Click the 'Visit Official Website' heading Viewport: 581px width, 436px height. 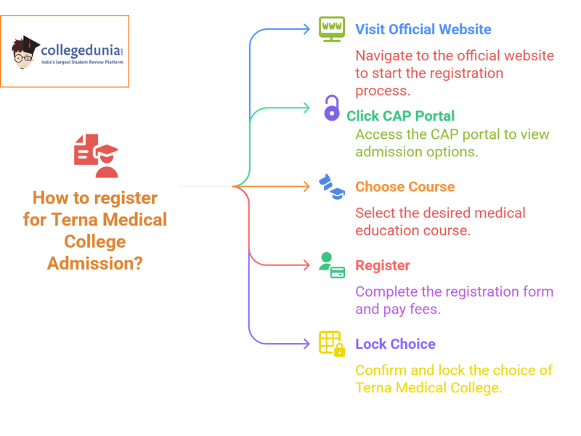pyautogui.click(x=423, y=30)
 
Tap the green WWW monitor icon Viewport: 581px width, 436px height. pyautogui.click(x=332, y=29)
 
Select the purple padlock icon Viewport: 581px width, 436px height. pyautogui.click(x=331, y=108)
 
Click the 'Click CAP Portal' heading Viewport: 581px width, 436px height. pyautogui.click(x=400, y=116)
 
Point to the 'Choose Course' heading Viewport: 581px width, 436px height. pyautogui.click(x=405, y=187)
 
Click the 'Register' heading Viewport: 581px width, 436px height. pyautogui.click(x=382, y=265)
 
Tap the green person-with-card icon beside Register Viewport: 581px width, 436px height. pyautogui.click(x=332, y=265)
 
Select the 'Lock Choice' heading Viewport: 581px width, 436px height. pyautogui.click(x=395, y=344)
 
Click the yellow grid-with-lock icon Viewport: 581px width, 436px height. pyautogui.click(x=332, y=344)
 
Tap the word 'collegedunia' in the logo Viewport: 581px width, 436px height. pyautogui.click(x=78, y=51)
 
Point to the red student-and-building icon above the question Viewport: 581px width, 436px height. pyautogui.click(x=95, y=156)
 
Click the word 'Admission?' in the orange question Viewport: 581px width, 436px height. pyautogui.click(x=95, y=263)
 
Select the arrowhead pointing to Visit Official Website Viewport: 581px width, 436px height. pyautogui.click(x=306, y=30)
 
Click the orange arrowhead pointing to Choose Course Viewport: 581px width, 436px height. pyautogui.click(x=306, y=187)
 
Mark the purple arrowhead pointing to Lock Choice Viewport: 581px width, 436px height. pyautogui.click(x=306, y=344)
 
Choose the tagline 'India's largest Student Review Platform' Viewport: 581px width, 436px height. pyautogui.click(x=82, y=63)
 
